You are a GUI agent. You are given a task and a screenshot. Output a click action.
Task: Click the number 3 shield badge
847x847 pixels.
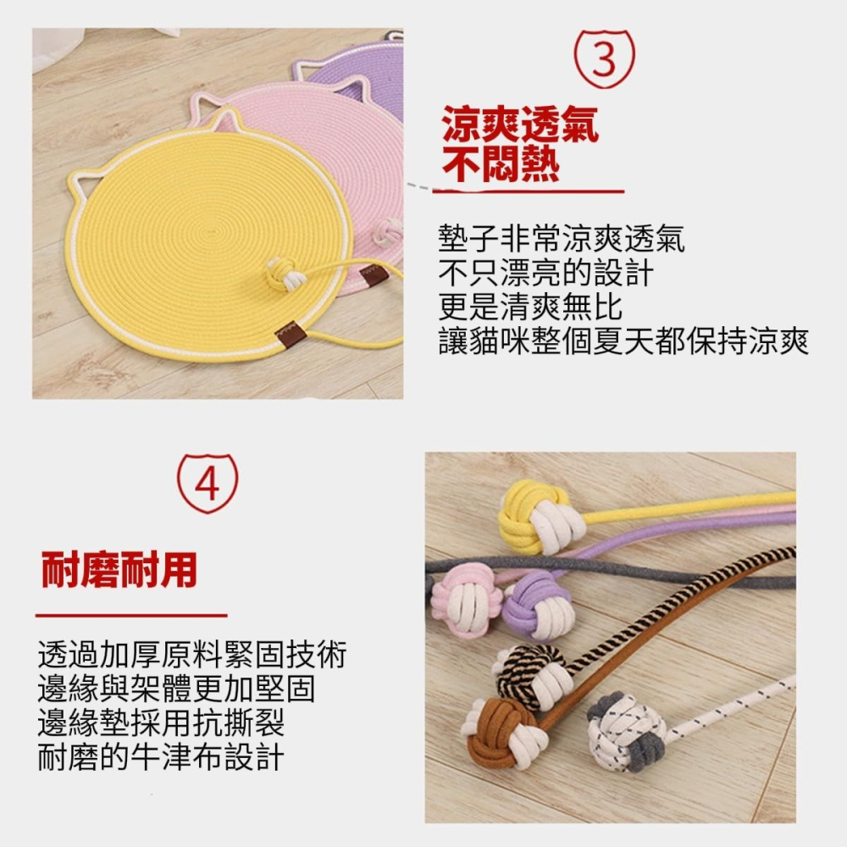[603, 59]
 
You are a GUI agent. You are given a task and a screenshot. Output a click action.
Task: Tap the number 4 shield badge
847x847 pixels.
[208, 484]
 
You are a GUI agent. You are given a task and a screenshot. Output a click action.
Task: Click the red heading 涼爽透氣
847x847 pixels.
[520, 125]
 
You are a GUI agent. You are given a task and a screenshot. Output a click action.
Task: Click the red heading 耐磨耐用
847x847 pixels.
[119, 571]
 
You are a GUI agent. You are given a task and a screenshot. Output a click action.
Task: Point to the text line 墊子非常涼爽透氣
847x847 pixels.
[561, 240]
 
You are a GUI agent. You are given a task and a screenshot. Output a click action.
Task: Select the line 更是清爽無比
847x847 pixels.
[530, 307]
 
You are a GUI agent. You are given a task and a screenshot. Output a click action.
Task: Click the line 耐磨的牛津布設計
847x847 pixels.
[161, 756]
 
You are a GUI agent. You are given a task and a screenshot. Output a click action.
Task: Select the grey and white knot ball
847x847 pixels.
[628, 730]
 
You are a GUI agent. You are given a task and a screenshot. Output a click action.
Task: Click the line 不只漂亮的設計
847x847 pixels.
[545, 274]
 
